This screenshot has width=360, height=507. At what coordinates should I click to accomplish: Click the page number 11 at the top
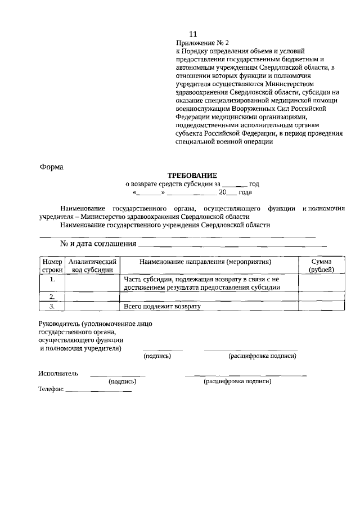[193, 34]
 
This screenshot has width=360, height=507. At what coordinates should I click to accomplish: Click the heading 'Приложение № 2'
[202, 43]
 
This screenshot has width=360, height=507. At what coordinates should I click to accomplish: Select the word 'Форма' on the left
[52, 167]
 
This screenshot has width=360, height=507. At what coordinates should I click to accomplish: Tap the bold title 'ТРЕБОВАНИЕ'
[192, 176]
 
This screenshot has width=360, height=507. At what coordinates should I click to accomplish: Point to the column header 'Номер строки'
[52, 266]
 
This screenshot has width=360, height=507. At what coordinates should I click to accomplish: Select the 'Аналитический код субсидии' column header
[92, 266]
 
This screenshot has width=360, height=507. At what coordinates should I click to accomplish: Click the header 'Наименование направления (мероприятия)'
[209, 262]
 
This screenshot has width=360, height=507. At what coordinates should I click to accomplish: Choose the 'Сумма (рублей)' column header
[321, 266]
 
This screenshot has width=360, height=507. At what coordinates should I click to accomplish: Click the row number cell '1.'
[52, 279]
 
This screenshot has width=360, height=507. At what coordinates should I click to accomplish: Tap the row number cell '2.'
[52, 296]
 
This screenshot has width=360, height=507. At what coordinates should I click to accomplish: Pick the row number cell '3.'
[52, 306]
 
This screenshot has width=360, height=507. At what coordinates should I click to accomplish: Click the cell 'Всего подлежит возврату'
[162, 306]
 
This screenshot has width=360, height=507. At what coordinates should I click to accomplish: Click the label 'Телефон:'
[51, 390]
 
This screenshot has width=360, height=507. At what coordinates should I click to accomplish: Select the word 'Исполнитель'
[58, 374]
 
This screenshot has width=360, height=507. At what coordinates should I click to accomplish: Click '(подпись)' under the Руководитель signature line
[157, 356]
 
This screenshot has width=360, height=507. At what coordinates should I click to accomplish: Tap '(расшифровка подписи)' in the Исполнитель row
[237, 382]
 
